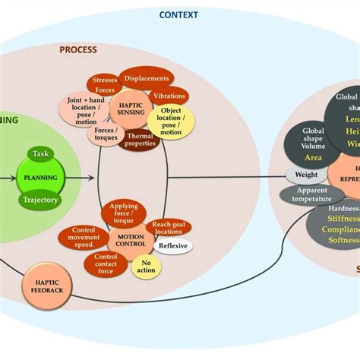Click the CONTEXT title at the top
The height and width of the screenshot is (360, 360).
[178, 14]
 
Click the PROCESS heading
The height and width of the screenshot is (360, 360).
[78, 50]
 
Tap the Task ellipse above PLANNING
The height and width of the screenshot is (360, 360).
[40, 154]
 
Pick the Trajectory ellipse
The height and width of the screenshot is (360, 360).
[40, 201]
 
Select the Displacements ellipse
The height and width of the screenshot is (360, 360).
[147, 77]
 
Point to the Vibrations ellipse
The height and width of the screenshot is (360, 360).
[168, 96]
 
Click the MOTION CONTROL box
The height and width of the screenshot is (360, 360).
[131, 239]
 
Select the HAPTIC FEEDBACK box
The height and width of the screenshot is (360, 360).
[48, 285]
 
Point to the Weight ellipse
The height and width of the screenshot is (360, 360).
[301, 175]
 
